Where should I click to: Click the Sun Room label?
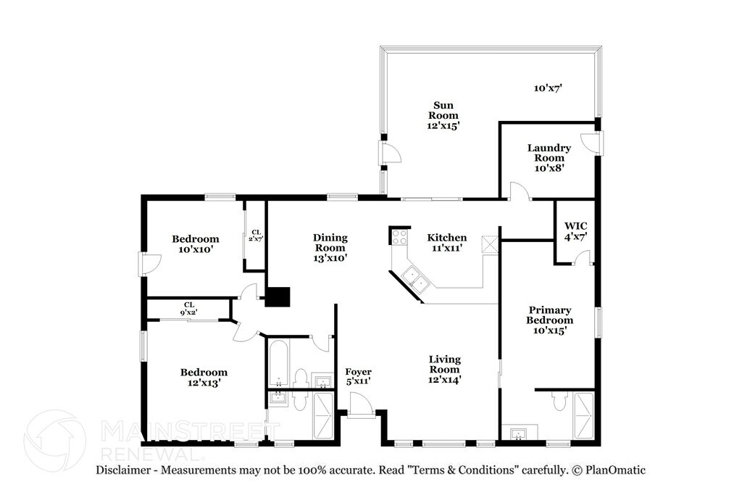coord(443,115)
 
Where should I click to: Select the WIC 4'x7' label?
coord(576,231)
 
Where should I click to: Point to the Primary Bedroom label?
coord(549,320)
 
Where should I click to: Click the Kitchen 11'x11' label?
coord(446,242)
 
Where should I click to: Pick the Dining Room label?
coord(330,248)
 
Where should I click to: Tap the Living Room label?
coord(445,369)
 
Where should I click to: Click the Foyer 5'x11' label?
coord(358,376)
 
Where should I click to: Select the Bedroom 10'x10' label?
coord(196,244)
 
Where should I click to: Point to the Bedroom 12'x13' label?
coord(204,377)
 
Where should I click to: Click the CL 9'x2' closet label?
coord(189,309)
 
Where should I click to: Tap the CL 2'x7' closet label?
coord(256,236)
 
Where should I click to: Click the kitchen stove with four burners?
coord(400,236)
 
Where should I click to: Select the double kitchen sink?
coord(414,279)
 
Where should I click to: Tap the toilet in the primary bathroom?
coord(559,402)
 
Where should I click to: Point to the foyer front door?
coord(361,407)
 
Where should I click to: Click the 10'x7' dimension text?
coord(548,88)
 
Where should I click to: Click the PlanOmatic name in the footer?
coord(615,470)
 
